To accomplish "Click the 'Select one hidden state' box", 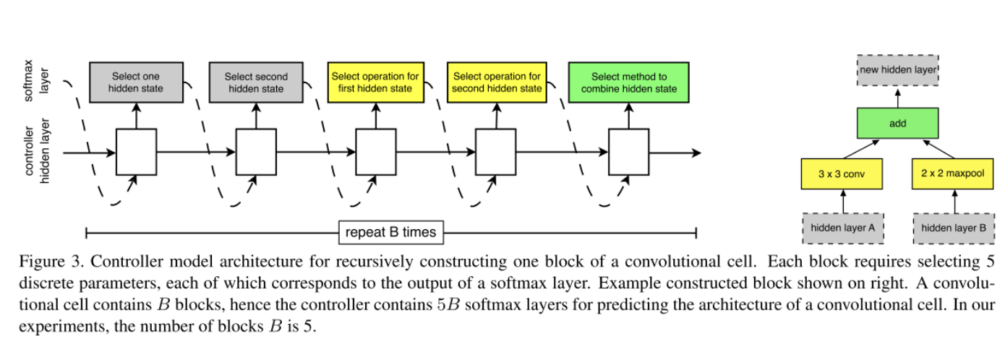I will (136, 82).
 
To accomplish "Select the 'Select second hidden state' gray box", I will (255, 82).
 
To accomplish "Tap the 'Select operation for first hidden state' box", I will (375, 82).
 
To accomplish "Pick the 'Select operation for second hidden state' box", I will (497, 82).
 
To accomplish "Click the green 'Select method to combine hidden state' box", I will (628, 82).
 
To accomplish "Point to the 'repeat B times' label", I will (390, 233).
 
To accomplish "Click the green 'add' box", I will (898, 124).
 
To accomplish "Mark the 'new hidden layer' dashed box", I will (898, 71).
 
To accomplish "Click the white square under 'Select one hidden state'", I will (136, 153).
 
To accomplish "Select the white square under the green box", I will (628, 153).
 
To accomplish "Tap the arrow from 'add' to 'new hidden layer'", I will (898, 98).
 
